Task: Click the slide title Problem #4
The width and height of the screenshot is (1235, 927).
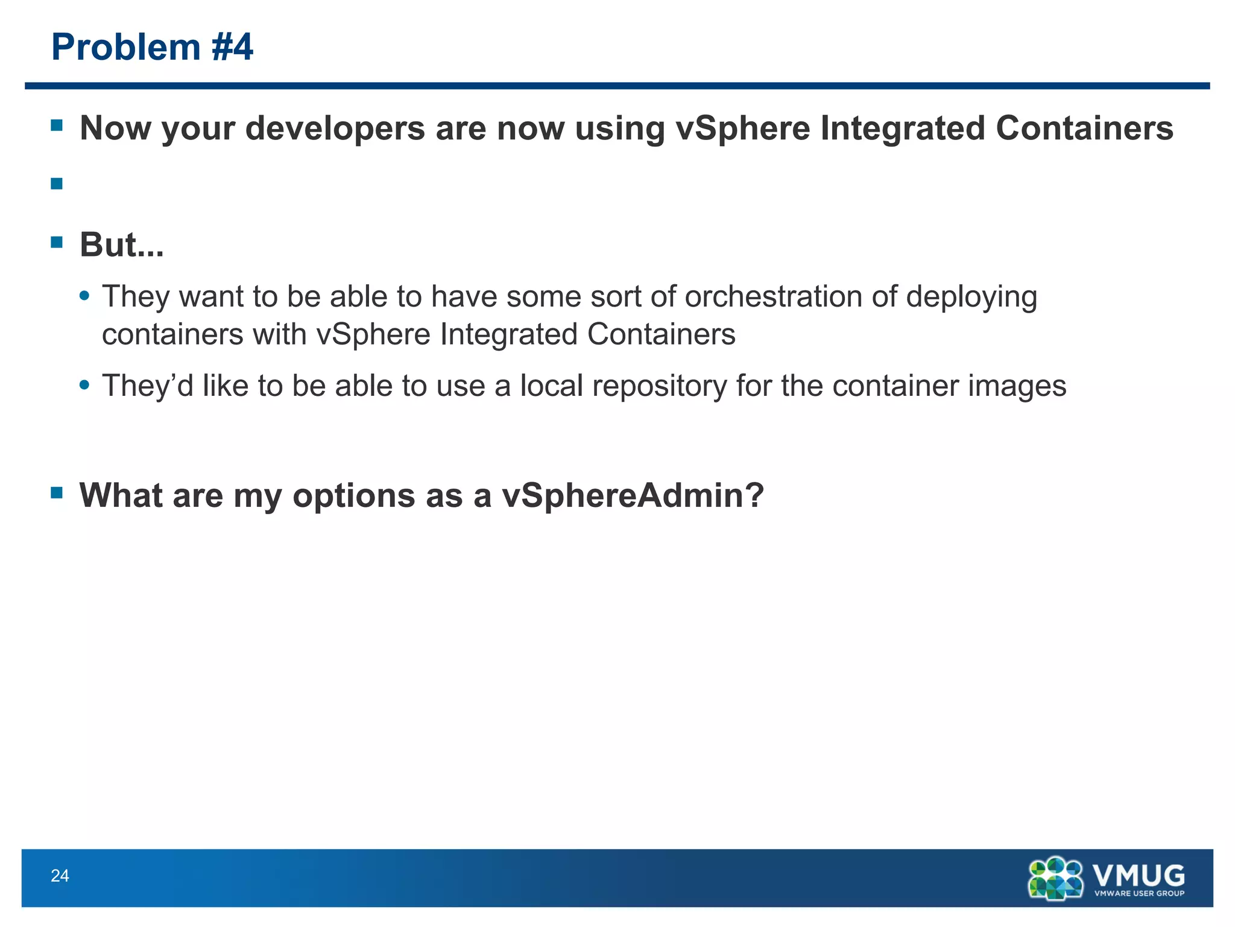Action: [152, 47]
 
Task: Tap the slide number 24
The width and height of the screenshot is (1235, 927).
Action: [60, 876]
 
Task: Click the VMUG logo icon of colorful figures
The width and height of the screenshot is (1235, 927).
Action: [1055, 878]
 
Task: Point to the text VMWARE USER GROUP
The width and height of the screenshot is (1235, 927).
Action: [1139, 893]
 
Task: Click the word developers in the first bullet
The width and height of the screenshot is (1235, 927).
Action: [335, 129]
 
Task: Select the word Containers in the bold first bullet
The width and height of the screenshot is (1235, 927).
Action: [1084, 129]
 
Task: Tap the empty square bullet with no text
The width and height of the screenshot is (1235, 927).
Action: [57, 183]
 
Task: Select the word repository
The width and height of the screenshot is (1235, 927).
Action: [659, 386]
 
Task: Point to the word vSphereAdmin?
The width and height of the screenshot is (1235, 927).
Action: [633, 495]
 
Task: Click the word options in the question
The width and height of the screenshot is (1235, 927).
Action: [354, 497]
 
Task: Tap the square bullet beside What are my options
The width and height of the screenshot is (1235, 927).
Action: [57, 493]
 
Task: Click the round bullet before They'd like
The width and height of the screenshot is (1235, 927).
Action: [85, 384]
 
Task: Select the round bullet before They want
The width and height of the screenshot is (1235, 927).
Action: [85, 296]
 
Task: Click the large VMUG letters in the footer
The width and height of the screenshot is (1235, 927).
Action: [1138, 874]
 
